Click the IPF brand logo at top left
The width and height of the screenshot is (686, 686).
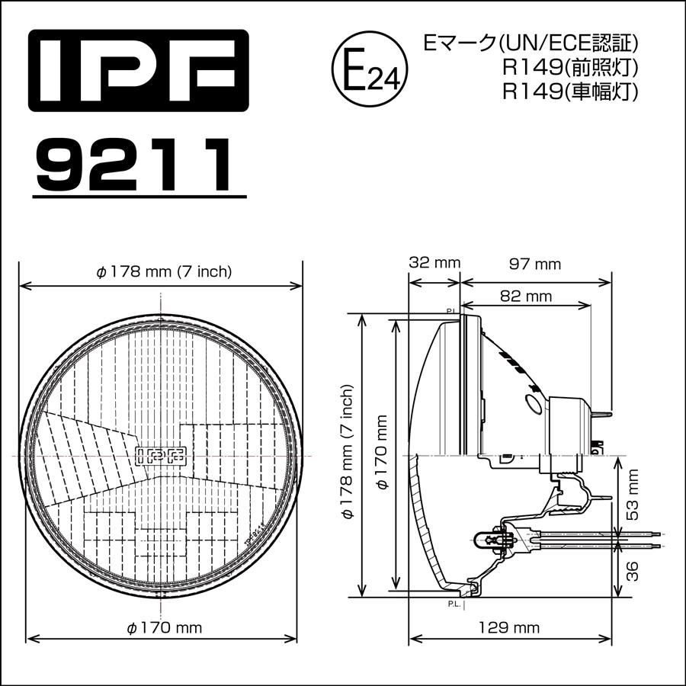pos(138,72)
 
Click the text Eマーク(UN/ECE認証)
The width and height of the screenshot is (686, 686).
pos(531,43)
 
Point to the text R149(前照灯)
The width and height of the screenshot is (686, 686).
pos(569,67)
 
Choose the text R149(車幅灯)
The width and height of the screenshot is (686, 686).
pos(569,91)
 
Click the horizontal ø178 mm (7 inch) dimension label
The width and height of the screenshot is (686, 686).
pos(162,271)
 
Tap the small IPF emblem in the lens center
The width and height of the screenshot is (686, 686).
pos(161,455)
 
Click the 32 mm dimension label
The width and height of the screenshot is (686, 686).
pos(434,263)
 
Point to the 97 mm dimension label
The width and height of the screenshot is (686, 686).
pos(536,264)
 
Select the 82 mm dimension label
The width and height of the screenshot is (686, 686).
pos(526,295)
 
